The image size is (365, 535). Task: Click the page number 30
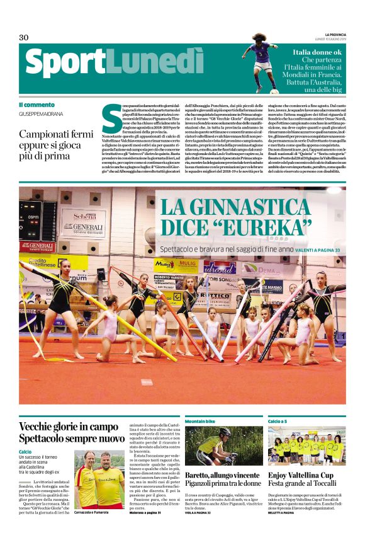point(24,37)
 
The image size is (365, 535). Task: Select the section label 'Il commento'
point(36,105)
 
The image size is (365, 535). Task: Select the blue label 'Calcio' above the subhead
point(25,451)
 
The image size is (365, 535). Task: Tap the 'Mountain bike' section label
point(201,420)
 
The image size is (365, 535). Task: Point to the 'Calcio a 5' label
point(277,420)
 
